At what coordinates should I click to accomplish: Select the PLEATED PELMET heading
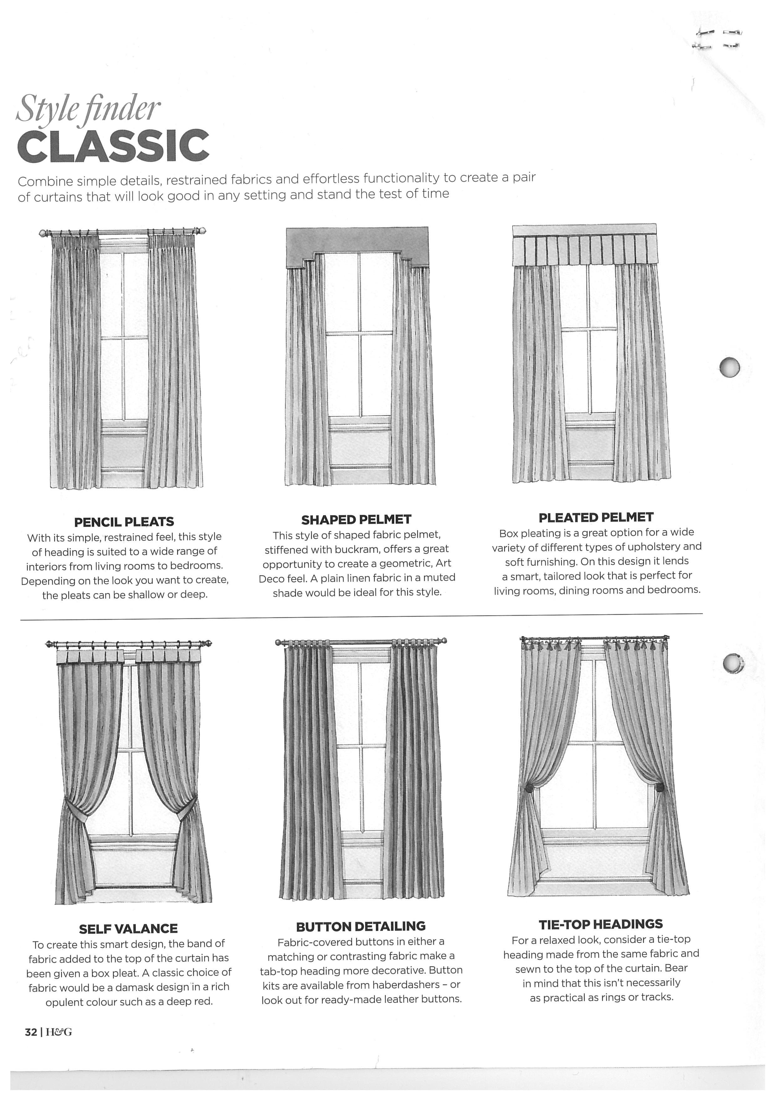pos(596,517)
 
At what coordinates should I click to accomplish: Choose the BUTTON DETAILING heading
pos(361,926)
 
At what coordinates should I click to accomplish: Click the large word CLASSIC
pos(113,145)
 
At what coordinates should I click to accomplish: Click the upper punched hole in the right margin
pos(729,367)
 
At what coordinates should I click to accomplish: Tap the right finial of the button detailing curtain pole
pos(444,641)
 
